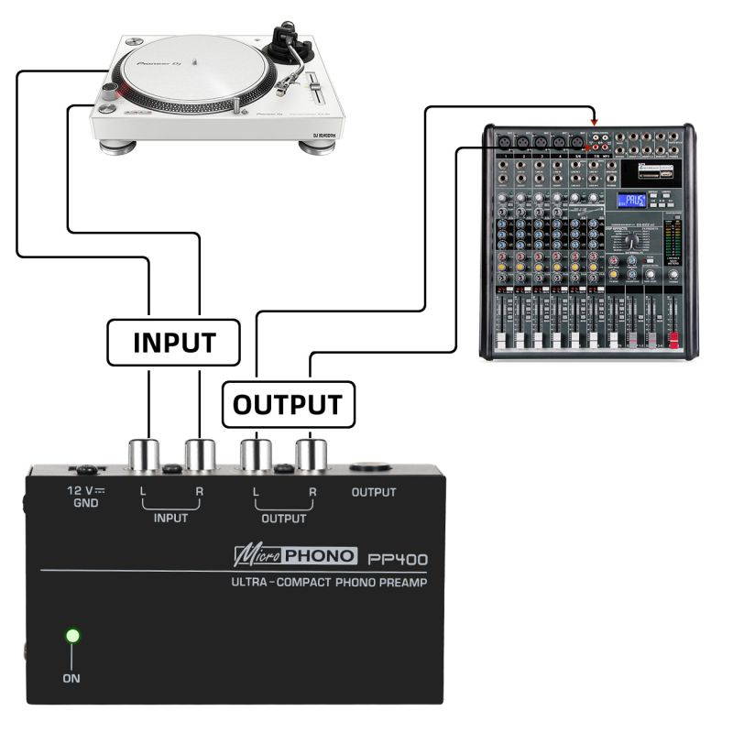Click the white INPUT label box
pos(173,342)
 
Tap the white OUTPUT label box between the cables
pos(287,404)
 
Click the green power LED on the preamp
pos(72,635)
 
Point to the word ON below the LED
pos(71,679)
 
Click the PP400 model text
pos(397,558)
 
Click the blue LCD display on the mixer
pos(630,201)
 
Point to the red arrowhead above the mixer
pos(595,120)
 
